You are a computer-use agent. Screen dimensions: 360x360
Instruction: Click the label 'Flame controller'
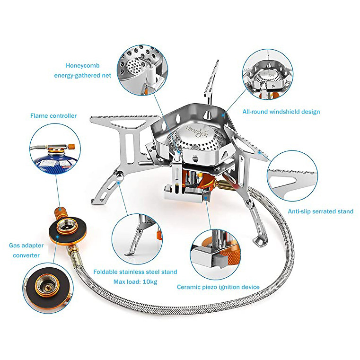pyautogui.click(x=53, y=116)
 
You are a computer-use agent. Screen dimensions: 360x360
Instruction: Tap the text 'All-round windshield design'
pyautogui.click(x=281, y=112)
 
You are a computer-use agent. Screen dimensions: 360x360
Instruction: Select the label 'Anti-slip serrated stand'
pyautogui.click(x=320, y=211)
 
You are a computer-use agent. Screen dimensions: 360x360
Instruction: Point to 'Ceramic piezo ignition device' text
pyautogui.click(x=218, y=287)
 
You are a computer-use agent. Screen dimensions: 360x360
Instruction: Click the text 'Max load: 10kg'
pyautogui.click(x=135, y=282)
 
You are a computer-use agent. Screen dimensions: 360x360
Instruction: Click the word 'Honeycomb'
pyautogui.click(x=83, y=66)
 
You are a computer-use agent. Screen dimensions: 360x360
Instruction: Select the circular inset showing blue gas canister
pyautogui.click(x=53, y=153)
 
